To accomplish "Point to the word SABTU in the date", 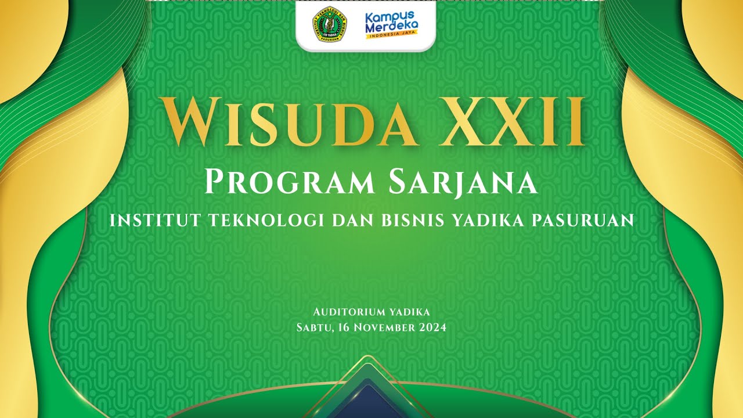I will coord(314,327).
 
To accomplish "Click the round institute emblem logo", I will coord(330,24).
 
